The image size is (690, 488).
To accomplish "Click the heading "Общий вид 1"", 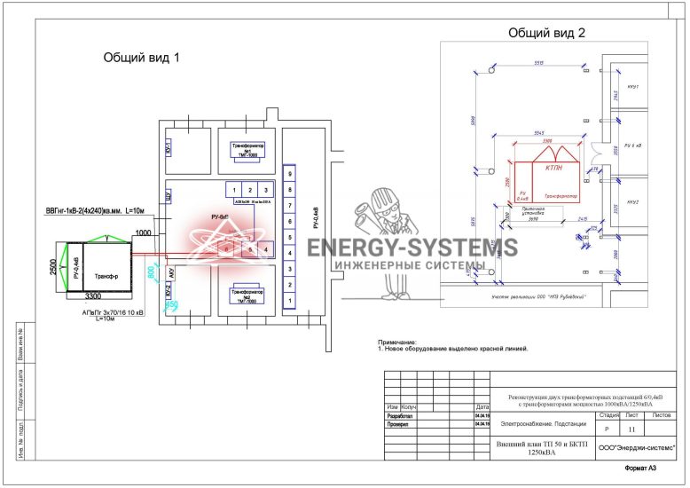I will (x=142, y=58).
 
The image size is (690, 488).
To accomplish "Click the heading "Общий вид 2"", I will (x=547, y=33).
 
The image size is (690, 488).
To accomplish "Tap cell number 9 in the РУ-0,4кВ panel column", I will (x=289, y=171).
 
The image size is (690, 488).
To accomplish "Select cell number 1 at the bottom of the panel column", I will (x=289, y=300).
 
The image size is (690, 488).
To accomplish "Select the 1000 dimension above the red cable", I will (x=143, y=232).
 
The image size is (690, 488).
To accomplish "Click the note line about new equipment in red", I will (x=452, y=350).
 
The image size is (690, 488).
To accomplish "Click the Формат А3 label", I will (x=641, y=468).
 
